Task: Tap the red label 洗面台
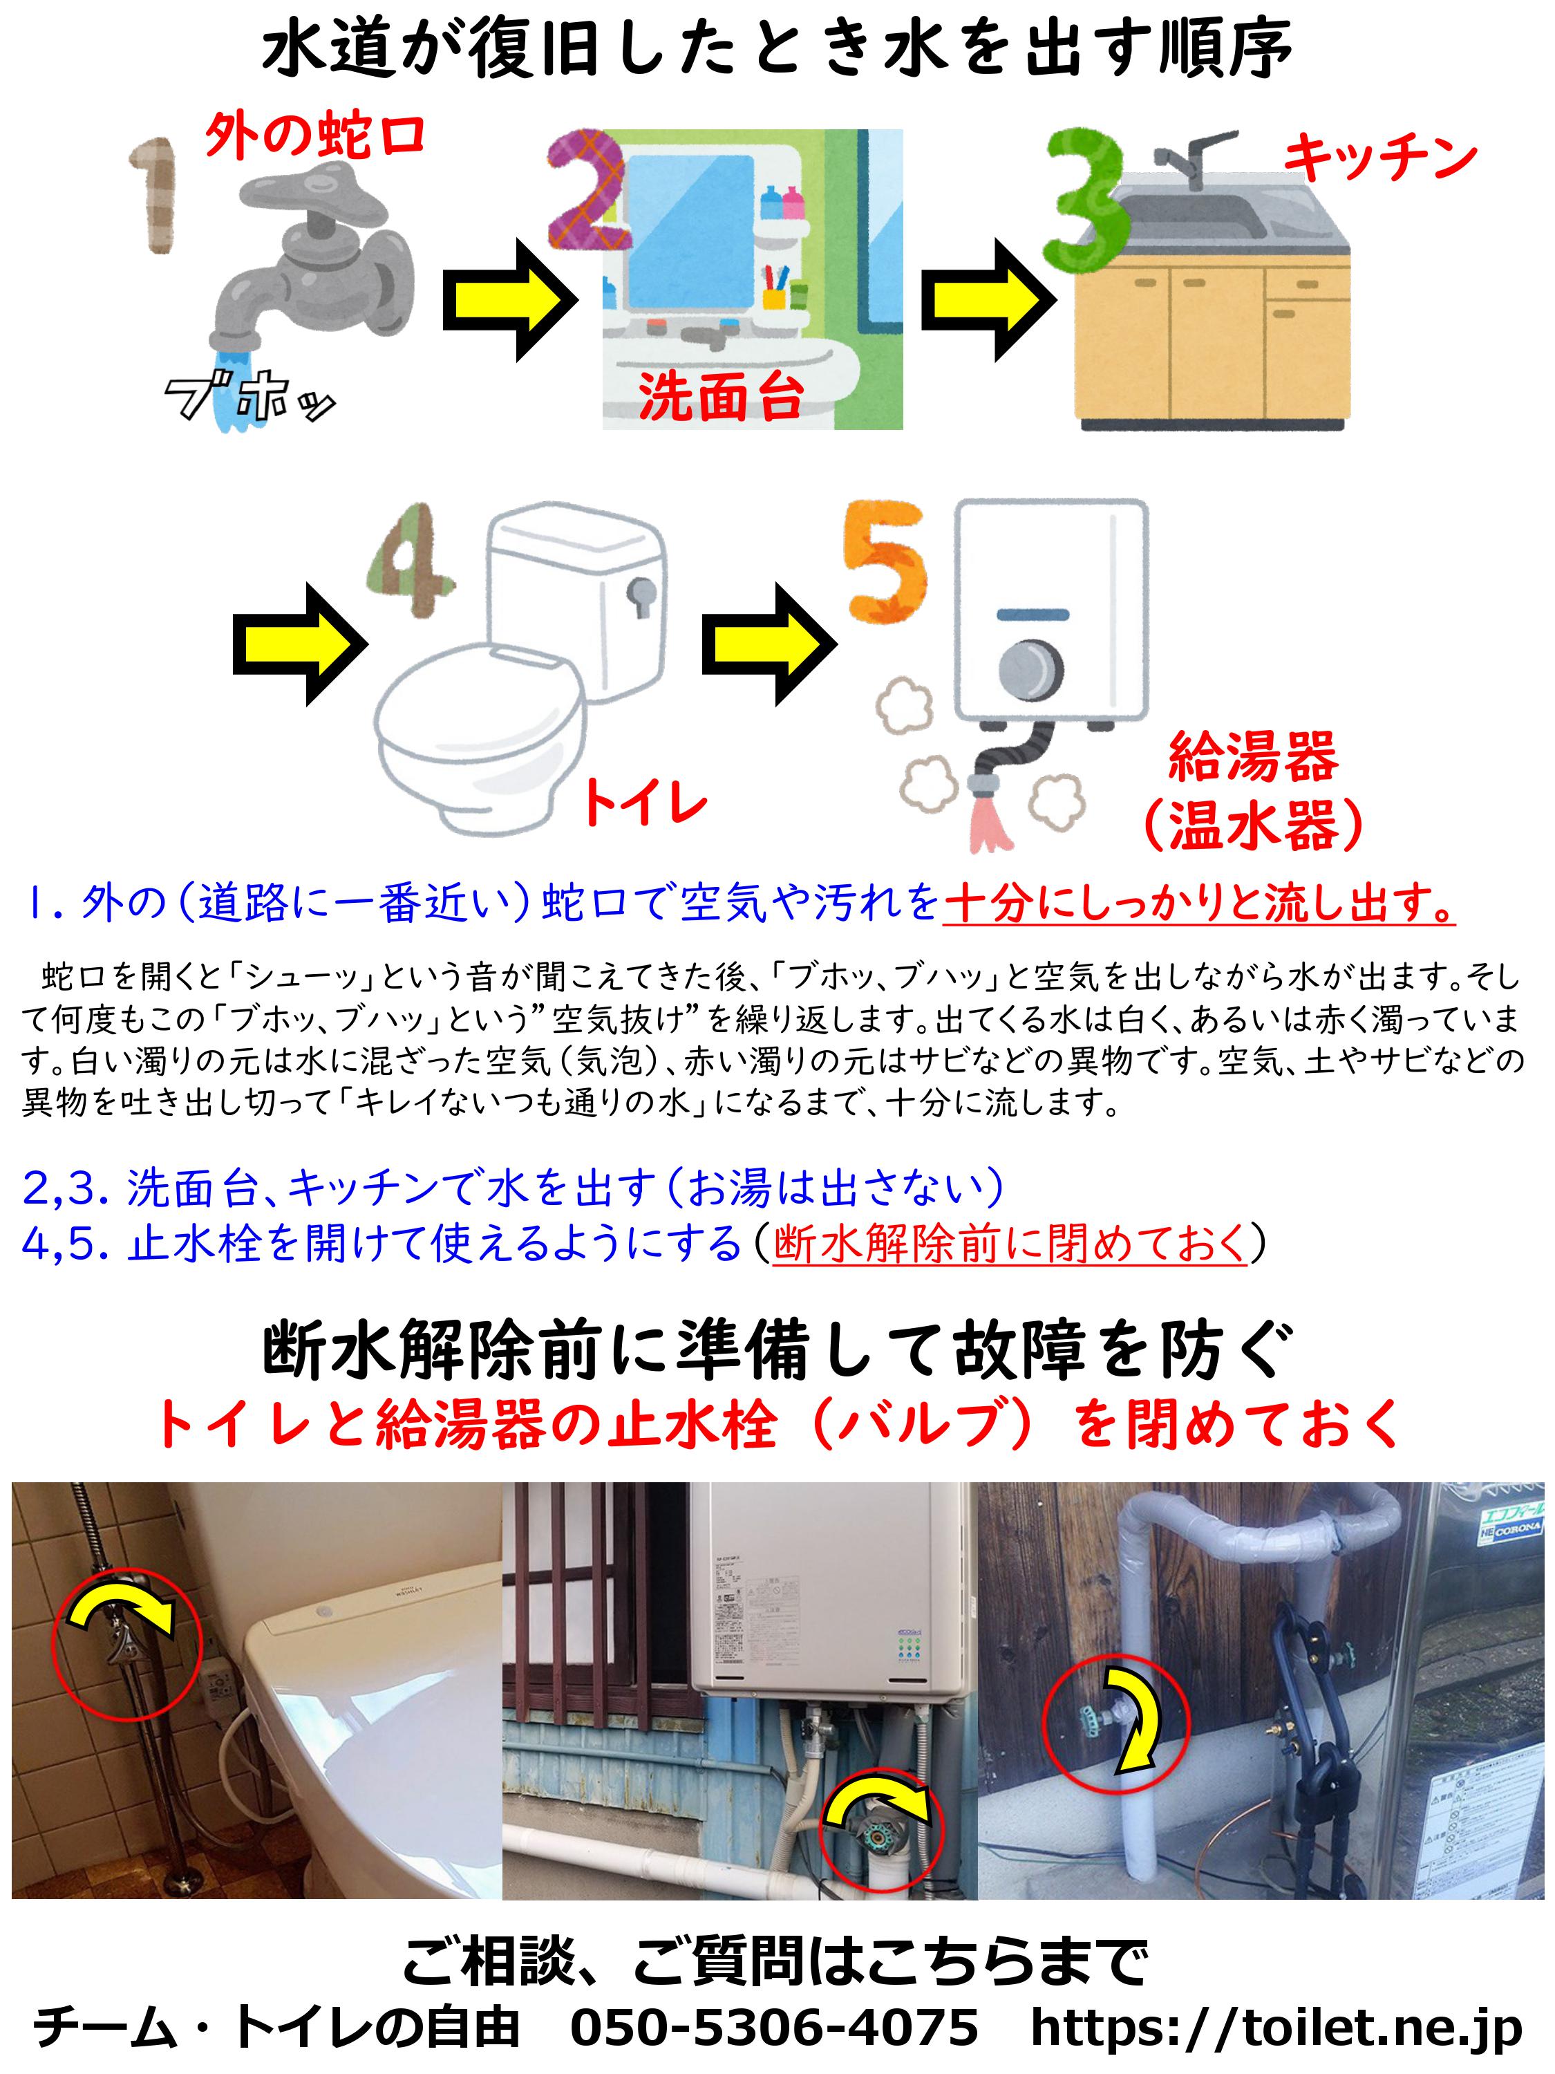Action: tap(721, 397)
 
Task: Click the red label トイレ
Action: tap(645, 803)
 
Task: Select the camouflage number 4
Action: tap(411, 560)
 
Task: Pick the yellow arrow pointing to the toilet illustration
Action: tap(300, 644)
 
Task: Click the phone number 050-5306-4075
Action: tap(774, 2027)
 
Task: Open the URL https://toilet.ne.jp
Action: tap(1276, 2029)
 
